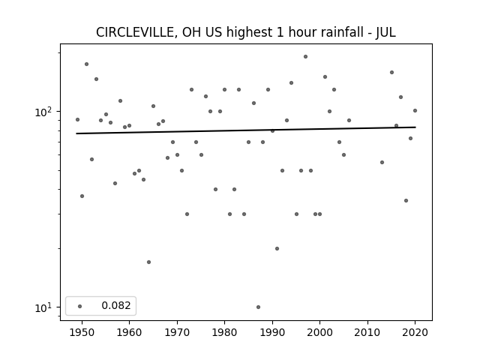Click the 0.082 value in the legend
116,305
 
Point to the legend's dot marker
80,306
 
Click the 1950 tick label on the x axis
82,332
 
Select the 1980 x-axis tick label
224,332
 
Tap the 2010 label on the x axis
367,332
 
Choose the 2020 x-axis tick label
415,332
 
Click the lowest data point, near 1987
258,307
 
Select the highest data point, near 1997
305,57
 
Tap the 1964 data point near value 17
148,262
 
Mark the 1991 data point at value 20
277,248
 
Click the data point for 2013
382,162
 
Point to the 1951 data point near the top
87,64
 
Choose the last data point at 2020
415,110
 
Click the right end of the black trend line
415,127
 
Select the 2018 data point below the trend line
406,200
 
